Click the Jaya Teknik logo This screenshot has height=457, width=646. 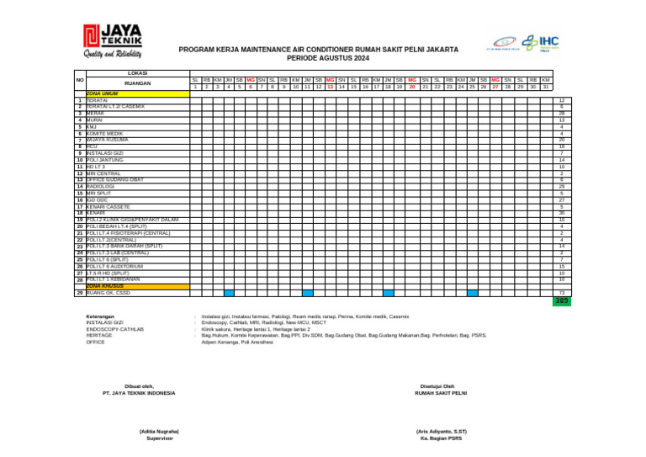[112, 42]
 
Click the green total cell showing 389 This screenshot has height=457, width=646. [561, 300]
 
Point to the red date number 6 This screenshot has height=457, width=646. [251, 87]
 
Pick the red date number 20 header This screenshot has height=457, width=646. [412, 87]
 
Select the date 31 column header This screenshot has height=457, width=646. [545, 87]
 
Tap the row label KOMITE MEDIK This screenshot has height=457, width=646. [104, 133]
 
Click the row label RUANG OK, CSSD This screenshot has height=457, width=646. [108, 293]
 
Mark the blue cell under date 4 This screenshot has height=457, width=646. [229, 293]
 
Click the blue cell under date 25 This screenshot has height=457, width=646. [473, 293]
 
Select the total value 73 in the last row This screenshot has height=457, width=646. [561, 293]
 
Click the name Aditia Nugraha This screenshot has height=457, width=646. [159, 432]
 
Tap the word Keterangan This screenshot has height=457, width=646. [100, 316]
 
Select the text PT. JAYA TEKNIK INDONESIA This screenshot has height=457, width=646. [139, 393]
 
